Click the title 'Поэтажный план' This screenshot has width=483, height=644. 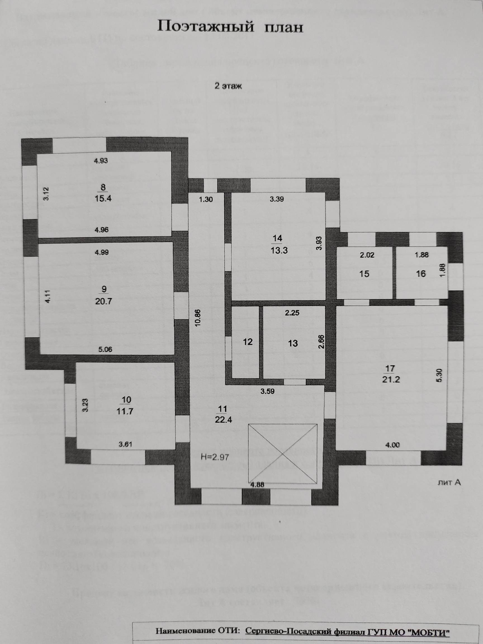point(230,27)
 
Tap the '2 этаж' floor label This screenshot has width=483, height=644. point(228,86)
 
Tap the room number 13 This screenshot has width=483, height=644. point(293,343)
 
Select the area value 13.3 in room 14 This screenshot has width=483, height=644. point(279,250)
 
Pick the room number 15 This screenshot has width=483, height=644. point(364,274)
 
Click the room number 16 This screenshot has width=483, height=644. point(421,274)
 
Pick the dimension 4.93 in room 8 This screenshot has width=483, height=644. point(101,160)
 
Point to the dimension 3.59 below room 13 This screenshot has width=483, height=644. point(267,391)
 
